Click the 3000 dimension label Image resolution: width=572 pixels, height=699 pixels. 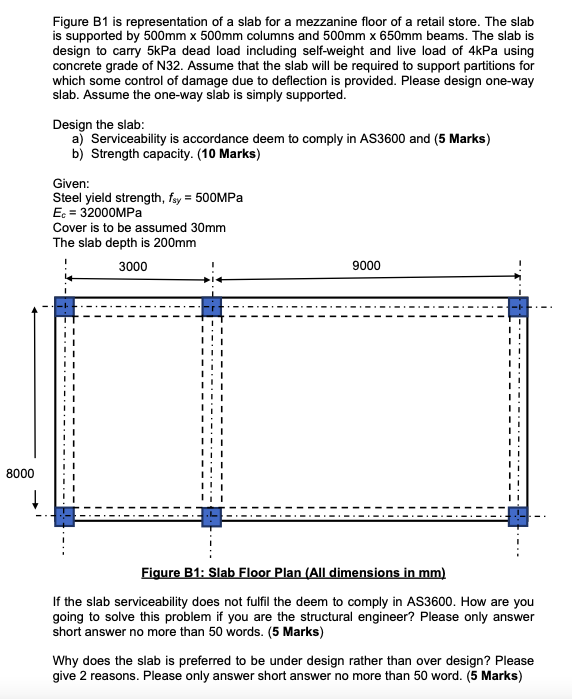133,266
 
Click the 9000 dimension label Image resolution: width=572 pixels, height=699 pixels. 367,266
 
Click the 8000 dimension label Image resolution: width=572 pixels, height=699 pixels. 19,472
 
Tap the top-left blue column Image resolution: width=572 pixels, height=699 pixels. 64,306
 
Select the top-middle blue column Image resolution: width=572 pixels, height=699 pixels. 211,306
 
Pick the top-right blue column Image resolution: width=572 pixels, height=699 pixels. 518,306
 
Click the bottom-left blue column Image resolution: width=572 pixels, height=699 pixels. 64,517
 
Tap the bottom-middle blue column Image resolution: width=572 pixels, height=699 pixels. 211,517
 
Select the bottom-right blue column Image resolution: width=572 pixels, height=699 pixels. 518,517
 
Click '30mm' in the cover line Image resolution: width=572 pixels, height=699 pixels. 208,227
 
